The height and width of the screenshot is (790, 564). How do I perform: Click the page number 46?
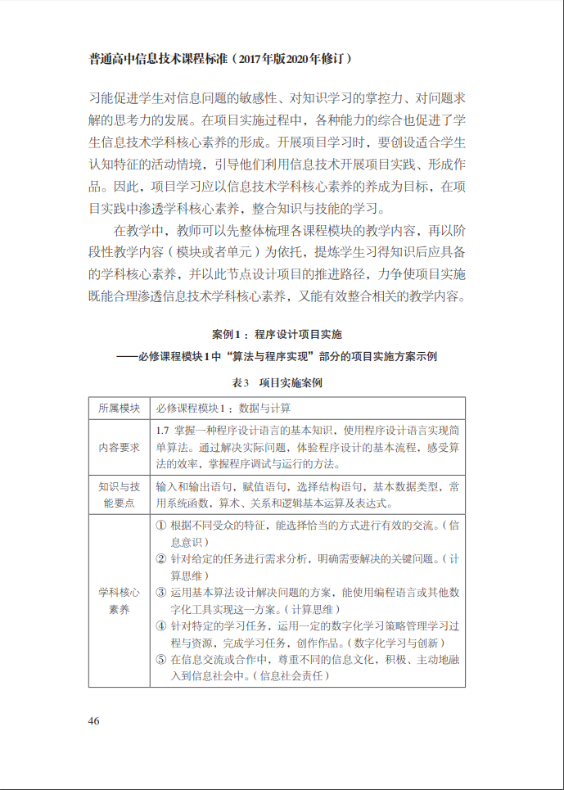point(94,720)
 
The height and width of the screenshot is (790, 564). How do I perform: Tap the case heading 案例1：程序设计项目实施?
point(277,334)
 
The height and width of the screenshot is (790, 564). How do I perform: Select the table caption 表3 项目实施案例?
point(277,382)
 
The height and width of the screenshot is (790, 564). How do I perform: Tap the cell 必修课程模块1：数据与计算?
point(223,408)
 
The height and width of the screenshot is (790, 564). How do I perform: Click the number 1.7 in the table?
point(162,429)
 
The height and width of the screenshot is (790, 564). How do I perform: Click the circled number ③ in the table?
point(160,592)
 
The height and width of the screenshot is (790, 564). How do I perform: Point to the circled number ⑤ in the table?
point(160,660)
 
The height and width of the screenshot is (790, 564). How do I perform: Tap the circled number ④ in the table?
point(160,625)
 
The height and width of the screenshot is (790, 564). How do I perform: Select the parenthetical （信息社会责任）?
point(292,676)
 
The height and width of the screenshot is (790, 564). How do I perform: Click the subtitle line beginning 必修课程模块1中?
point(277,356)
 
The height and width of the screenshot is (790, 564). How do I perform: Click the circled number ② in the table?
point(160,558)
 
